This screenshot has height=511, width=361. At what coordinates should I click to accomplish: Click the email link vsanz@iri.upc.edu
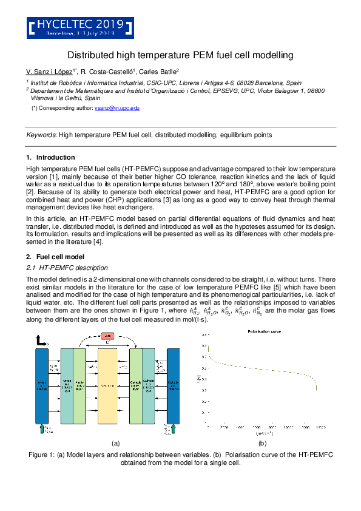tap(117, 107)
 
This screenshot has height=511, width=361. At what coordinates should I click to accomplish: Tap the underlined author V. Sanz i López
tap(50, 71)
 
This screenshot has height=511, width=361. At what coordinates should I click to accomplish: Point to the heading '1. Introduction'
tap(51, 157)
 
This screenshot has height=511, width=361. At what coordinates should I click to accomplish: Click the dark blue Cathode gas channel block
tap(174, 386)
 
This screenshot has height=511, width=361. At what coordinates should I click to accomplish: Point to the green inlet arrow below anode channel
tap(41, 430)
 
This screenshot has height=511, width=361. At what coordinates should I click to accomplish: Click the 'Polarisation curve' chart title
tap(261, 332)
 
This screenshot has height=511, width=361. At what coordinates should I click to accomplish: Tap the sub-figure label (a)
tap(115, 444)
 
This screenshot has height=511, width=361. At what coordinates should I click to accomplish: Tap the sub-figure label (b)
tap(262, 444)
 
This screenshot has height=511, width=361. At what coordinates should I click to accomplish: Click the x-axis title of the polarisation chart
tap(262, 433)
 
